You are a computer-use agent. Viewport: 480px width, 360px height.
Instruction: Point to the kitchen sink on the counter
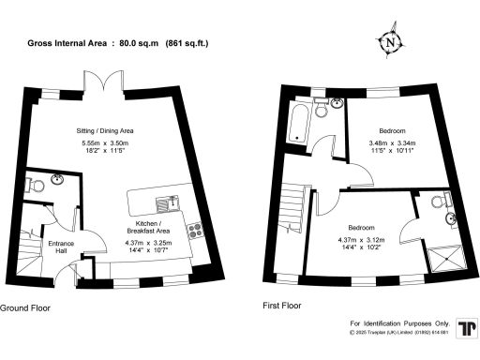[x=172, y=202]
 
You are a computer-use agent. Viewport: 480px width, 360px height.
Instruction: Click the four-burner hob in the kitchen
[x=196, y=228]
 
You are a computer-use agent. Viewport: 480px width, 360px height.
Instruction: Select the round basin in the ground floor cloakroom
[x=58, y=180]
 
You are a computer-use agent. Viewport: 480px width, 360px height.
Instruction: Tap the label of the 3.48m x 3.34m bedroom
[x=392, y=130]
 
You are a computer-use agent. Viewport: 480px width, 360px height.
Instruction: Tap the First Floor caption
[x=284, y=306]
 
